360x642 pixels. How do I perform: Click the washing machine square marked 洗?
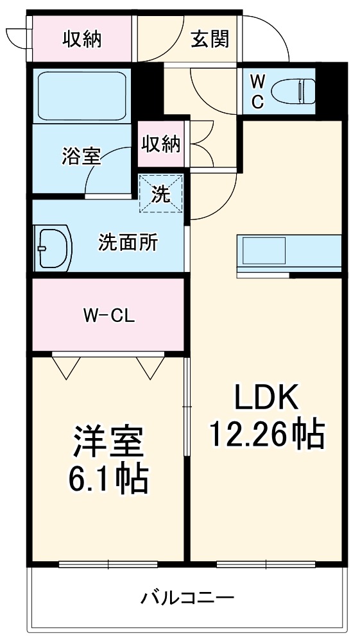162,193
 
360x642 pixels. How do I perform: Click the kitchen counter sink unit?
289,255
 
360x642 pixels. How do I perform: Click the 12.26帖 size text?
266,435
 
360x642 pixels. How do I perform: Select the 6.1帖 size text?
107,478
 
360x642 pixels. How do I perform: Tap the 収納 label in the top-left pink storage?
81,39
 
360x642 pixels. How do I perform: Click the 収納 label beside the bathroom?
160,144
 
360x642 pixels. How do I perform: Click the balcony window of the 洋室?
108,564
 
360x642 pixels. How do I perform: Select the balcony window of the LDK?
266,564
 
